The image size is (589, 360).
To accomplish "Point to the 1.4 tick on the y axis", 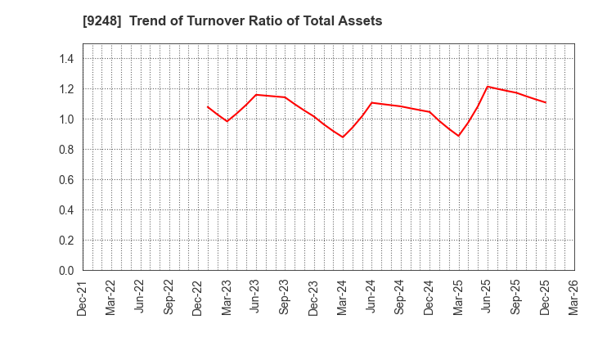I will (66, 59).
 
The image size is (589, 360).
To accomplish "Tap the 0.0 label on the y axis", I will (66, 271).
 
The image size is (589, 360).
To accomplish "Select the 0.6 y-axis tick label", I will (66, 180).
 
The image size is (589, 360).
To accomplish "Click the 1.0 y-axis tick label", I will (66, 119).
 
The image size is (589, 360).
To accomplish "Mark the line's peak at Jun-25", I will (487, 87).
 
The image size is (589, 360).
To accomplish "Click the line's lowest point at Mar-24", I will (343, 137).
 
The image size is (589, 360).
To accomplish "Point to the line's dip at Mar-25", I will (458, 136).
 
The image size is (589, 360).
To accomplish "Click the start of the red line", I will (208, 106).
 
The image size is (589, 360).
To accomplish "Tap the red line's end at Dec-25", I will (545, 102).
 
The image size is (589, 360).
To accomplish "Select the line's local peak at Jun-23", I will (256, 95).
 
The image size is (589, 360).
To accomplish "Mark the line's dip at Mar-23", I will (227, 121).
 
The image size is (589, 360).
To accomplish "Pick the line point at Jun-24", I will (371, 103).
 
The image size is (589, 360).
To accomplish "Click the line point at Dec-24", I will (429, 112).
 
